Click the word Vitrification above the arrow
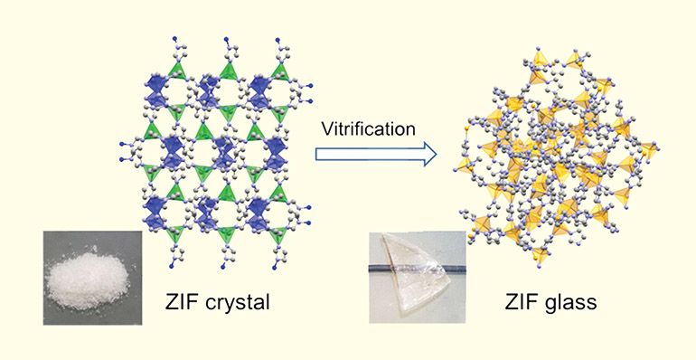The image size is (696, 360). click(368, 129)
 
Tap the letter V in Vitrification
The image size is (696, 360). click(326, 129)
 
